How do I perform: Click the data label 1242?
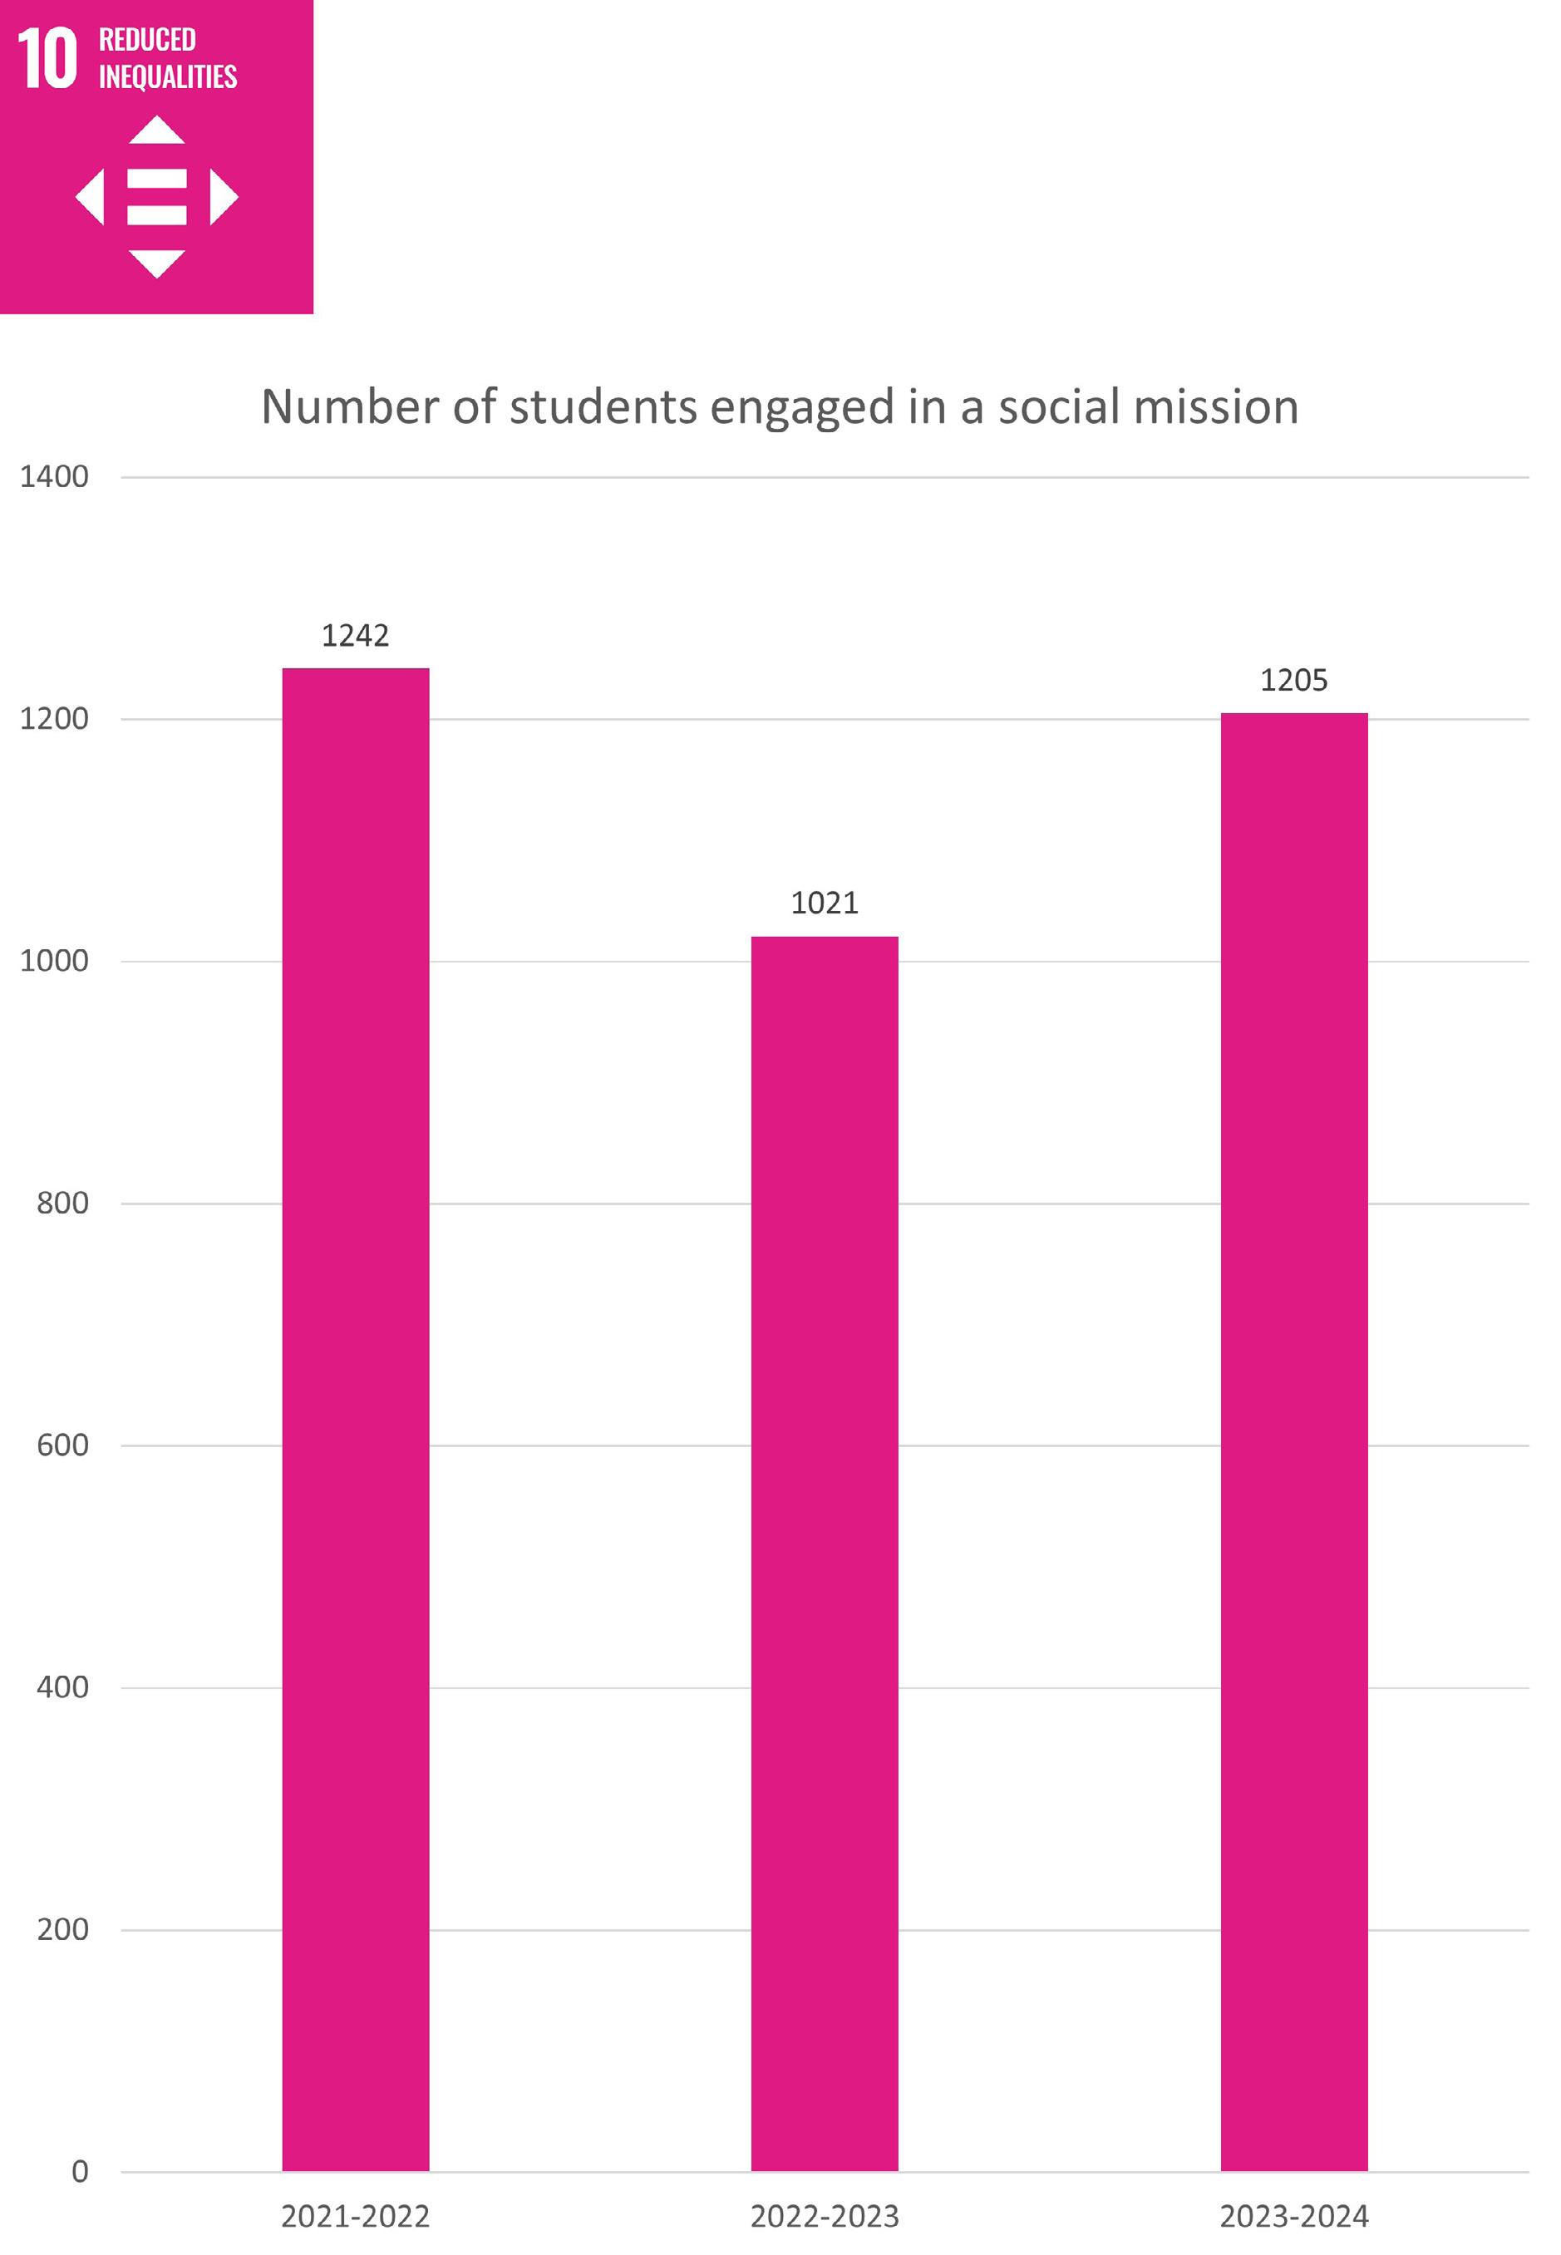pyautogui.click(x=355, y=636)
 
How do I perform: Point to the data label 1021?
pyautogui.click(x=825, y=903)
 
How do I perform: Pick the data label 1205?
pyautogui.click(x=1294, y=680)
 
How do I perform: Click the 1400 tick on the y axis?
pyautogui.click(x=54, y=476)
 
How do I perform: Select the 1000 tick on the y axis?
pyautogui.click(x=54, y=960)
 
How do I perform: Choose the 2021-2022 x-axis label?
pyautogui.click(x=355, y=2216)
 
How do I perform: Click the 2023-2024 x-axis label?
pyautogui.click(x=1294, y=2216)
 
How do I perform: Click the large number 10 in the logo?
pyautogui.click(x=47, y=59)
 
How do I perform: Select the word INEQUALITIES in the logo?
pyautogui.click(x=167, y=76)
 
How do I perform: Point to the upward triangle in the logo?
pyautogui.click(x=156, y=130)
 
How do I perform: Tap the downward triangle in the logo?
pyautogui.click(x=156, y=264)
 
